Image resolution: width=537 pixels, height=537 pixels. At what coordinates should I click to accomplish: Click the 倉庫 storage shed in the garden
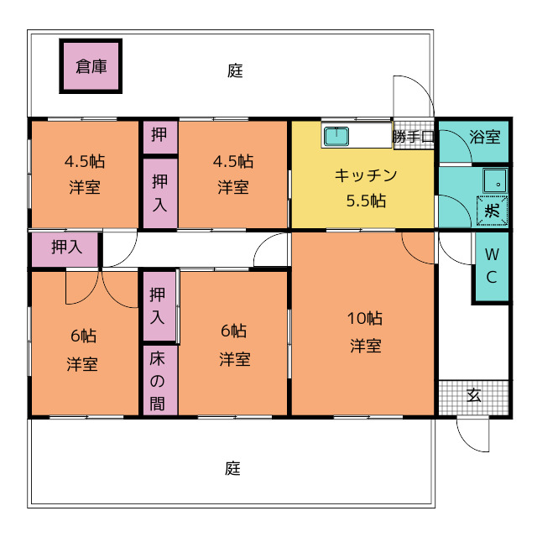coord(91,66)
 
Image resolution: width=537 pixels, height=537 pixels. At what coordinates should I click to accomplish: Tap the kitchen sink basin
coord(336,136)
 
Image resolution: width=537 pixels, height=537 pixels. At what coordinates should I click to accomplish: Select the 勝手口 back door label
coord(414,137)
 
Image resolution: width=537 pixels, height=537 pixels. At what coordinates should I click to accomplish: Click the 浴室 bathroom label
coord(485,137)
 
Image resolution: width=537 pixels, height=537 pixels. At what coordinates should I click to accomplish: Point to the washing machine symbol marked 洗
coord(493,211)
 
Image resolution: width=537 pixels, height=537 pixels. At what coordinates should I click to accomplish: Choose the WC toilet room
coord(492,267)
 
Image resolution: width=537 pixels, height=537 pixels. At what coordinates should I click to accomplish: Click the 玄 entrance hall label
coord(474,395)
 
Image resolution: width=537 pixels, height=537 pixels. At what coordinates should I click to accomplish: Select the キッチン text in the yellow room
coord(366,175)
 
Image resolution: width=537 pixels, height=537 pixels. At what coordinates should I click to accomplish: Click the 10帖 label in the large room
coord(365,318)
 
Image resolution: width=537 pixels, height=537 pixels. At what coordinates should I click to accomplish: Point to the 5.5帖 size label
coord(366,201)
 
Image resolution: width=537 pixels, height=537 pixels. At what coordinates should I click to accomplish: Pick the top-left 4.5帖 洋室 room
coord(85,174)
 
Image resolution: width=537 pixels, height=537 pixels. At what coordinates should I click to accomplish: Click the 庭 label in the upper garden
coord(235,70)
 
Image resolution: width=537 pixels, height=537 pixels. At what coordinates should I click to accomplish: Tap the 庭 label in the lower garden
coord(233,468)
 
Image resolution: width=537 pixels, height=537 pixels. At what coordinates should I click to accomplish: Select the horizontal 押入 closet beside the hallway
coord(65,249)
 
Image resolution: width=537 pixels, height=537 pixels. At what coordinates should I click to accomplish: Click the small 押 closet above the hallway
coord(160,137)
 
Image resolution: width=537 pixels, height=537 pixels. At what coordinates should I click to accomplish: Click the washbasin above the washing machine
coord(495,180)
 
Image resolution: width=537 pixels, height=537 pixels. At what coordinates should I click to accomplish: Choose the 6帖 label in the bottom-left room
coord(83,336)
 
